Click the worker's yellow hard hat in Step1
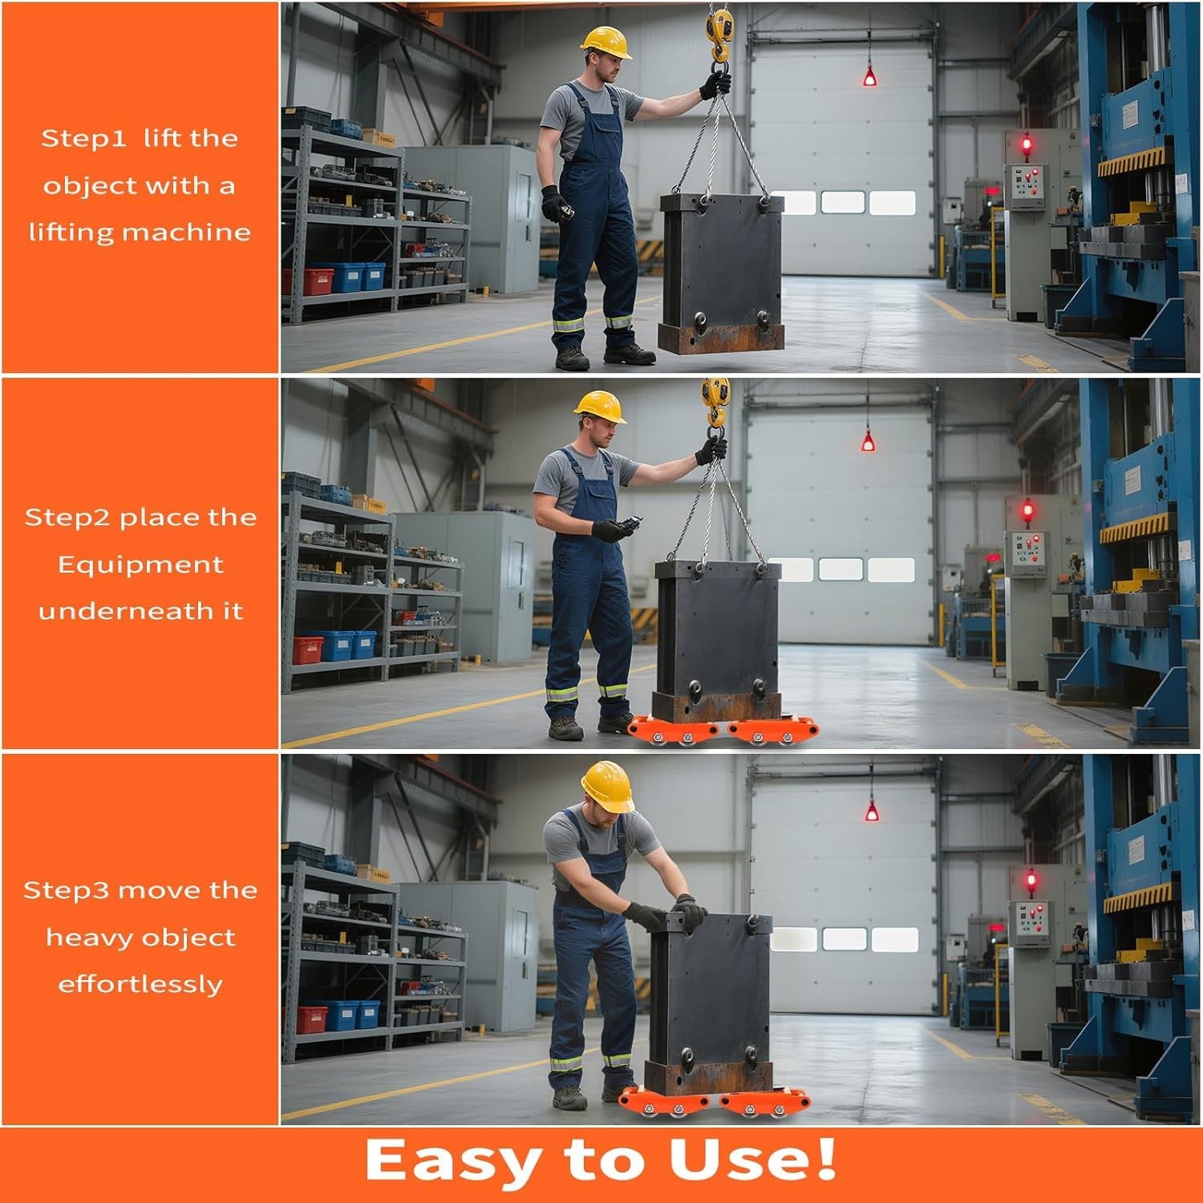coord(606,42)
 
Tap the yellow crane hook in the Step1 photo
coord(719,32)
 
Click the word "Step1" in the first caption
coord(83,138)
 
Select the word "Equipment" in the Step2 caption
coord(140,565)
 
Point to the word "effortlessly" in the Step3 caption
coord(140,984)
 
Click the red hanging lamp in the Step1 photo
coord(869,77)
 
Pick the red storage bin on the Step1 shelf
coord(310,281)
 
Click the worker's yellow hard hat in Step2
coord(601,406)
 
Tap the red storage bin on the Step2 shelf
coord(308,649)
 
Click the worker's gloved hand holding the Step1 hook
coord(715,84)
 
